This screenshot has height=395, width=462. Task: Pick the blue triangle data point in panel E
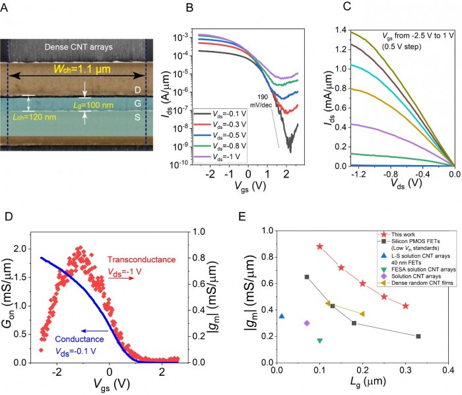pos(282,316)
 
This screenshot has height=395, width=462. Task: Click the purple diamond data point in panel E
pos(307,323)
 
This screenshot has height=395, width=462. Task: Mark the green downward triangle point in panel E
pos(319,341)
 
